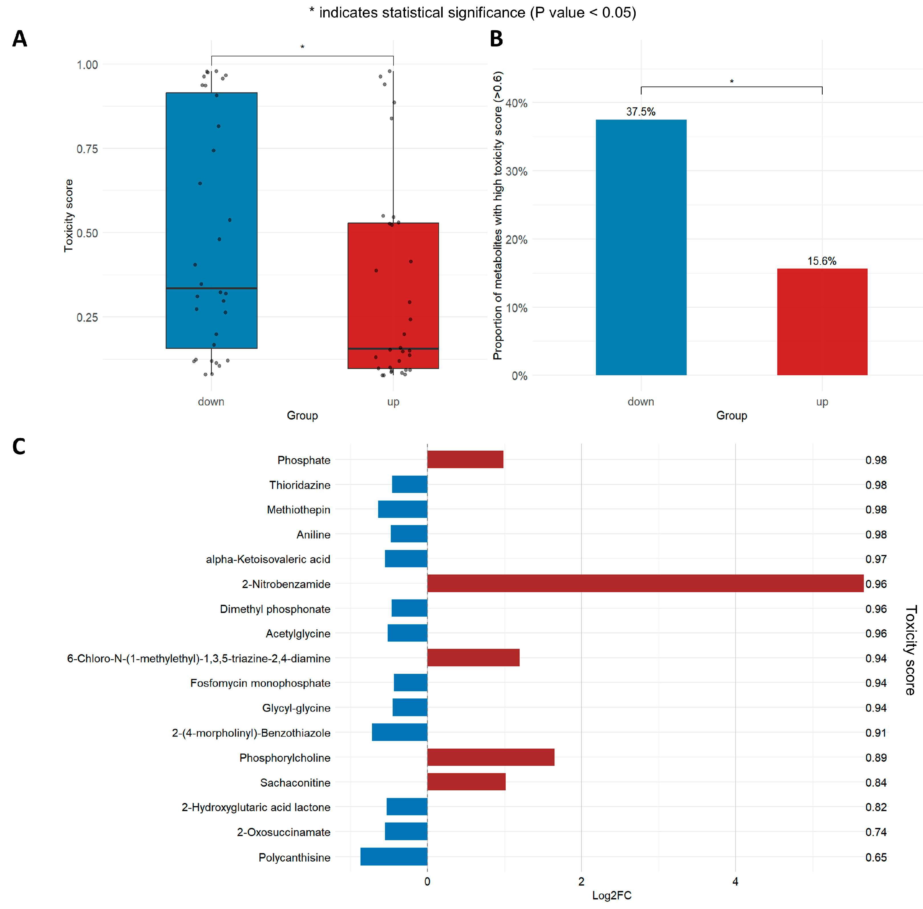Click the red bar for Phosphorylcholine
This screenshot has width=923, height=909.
pos(490,757)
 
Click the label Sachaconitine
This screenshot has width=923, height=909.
pos(295,782)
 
